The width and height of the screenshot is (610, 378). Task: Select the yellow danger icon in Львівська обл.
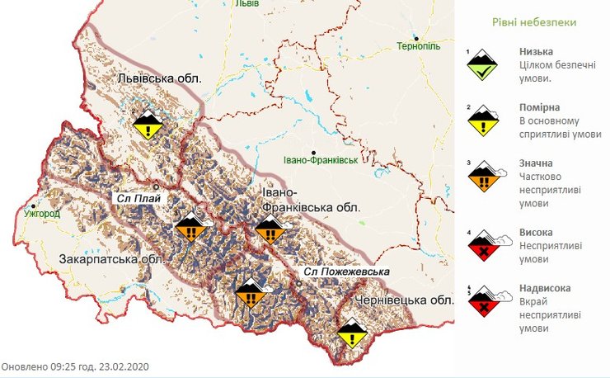coord(148,124)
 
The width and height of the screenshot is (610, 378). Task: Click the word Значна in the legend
coord(537,163)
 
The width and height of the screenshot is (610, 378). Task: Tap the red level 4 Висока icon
coord(482,246)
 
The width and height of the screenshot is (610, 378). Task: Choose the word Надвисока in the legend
coord(545,289)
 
